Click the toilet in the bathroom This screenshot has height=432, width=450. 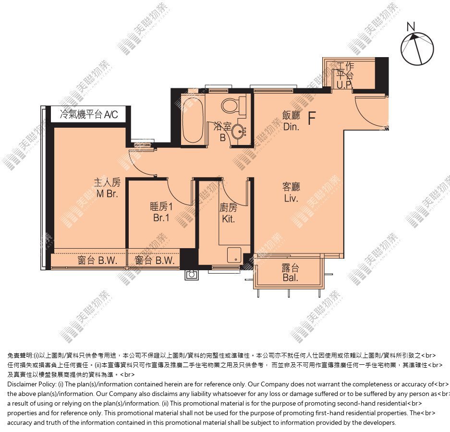[233, 105]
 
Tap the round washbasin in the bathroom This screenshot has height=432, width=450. [239, 132]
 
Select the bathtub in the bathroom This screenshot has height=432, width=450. [193, 121]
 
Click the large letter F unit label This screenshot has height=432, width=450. [312, 118]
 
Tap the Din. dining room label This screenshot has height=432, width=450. [291, 127]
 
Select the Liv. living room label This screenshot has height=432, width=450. [291, 198]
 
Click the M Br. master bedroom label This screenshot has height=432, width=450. [107, 193]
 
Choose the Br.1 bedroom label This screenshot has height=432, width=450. [161, 218]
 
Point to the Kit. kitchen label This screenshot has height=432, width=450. [228, 219]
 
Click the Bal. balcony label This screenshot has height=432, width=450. [290, 277]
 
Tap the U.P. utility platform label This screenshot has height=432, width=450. [344, 85]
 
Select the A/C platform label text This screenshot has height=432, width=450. [89, 114]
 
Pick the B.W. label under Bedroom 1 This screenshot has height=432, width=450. [165, 261]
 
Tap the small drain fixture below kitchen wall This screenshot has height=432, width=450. [191, 275]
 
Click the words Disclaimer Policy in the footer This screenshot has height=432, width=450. [32, 384]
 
